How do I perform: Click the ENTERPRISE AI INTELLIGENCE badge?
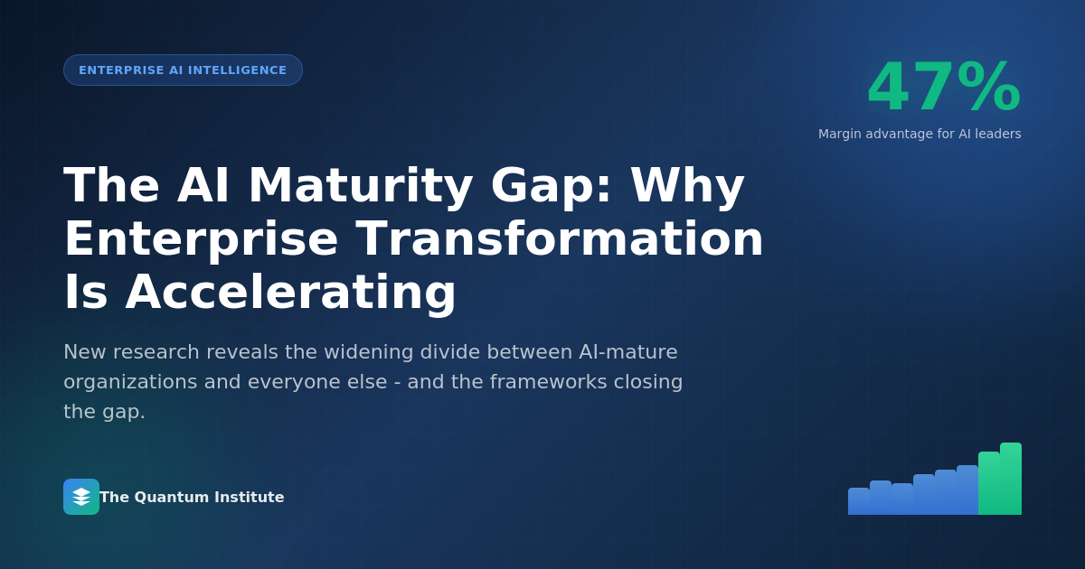tap(183, 70)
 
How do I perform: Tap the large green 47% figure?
tap(943, 88)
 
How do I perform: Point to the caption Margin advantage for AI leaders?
tap(920, 134)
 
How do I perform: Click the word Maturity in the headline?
tap(360, 185)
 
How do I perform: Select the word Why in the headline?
tap(687, 185)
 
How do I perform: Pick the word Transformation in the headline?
tap(560, 238)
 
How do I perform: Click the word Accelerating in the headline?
tap(290, 292)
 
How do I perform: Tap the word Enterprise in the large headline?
tap(201, 238)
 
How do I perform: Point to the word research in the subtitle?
tap(171, 351)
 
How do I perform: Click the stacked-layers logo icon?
tap(81, 497)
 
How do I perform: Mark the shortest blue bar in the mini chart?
tap(859, 501)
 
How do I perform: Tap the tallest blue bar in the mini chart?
tap(967, 490)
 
